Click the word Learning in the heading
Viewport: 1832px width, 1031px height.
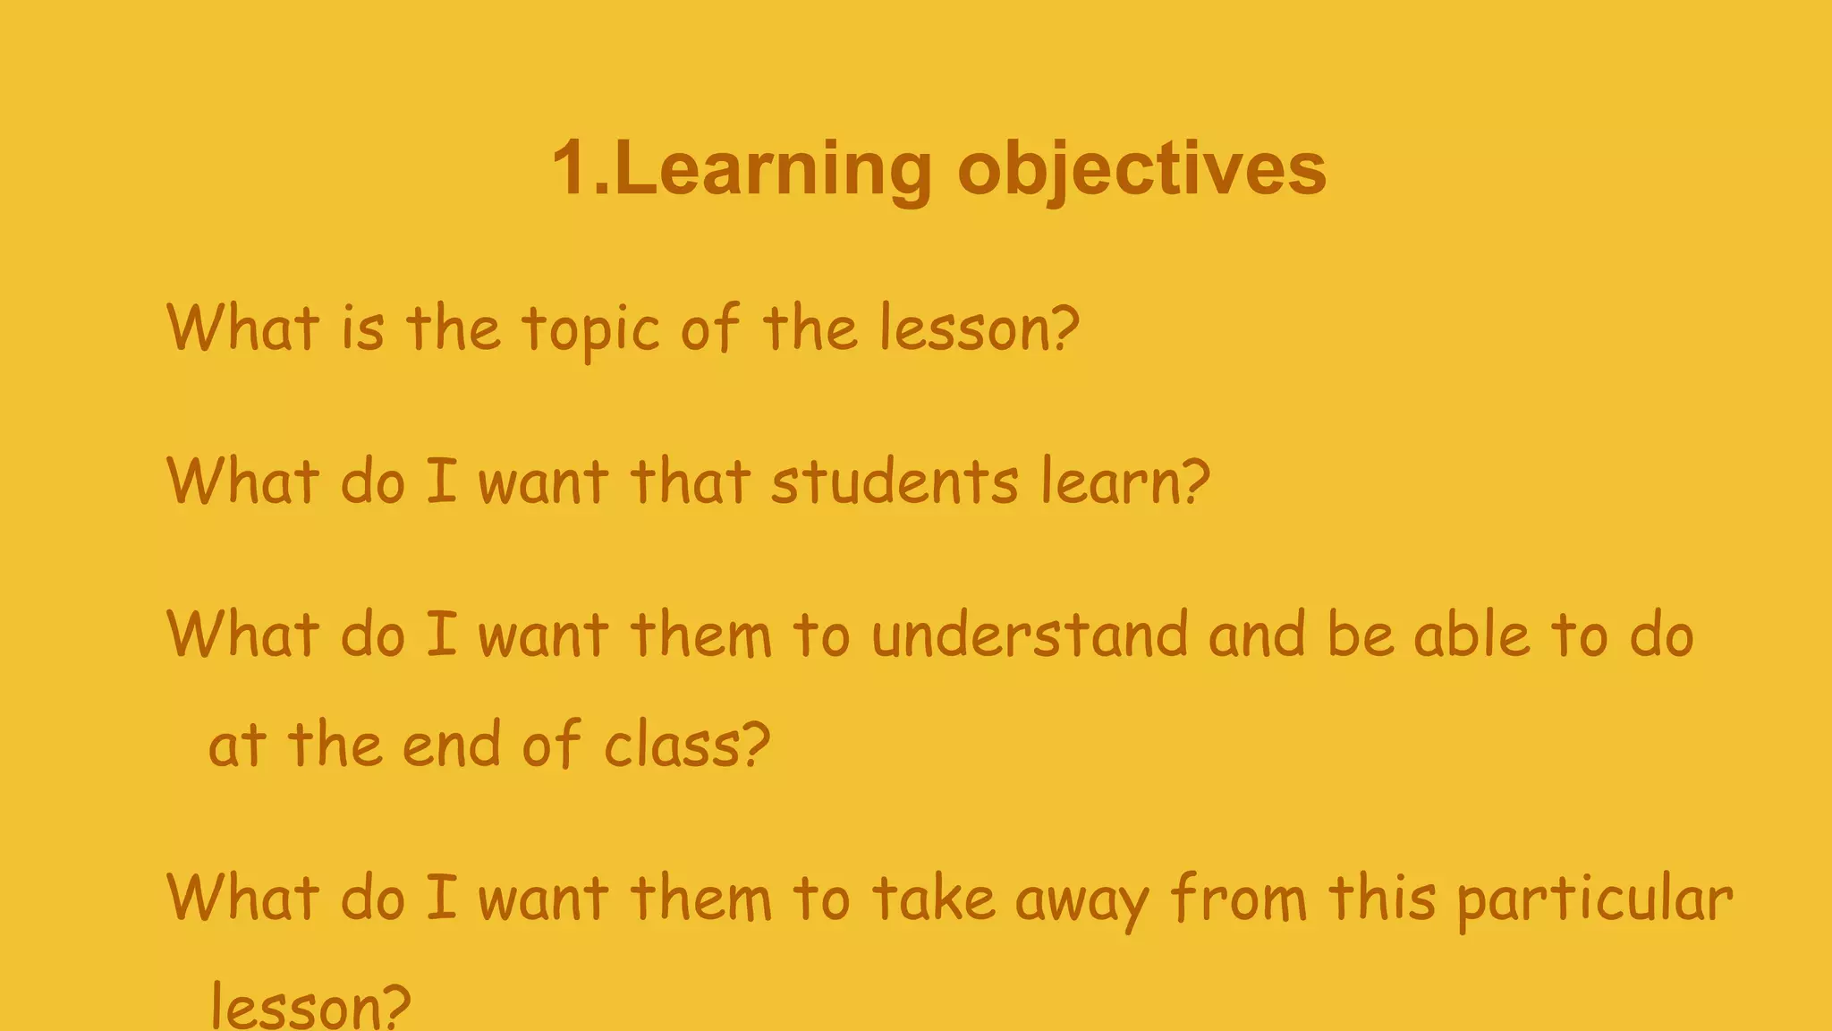pyautogui.click(x=775, y=170)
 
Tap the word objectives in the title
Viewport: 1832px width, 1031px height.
pyautogui.click(x=1141, y=170)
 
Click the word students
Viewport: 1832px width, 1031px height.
pyautogui.click(x=895, y=481)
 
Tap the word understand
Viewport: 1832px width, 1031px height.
pyautogui.click(x=1030, y=635)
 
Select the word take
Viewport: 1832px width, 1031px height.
pyautogui.click(x=933, y=898)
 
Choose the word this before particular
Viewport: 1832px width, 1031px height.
pyautogui.click(x=1382, y=898)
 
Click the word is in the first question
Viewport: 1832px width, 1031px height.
pyautogui.click(x=362, y=328)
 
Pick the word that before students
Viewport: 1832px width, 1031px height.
pyautogui.click(x=690, y=481)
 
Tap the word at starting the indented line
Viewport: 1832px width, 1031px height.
pyautogui.click(x=237, y=745)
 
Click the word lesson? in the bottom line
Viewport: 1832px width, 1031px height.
pyautogui.click(x=310, y=1008)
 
